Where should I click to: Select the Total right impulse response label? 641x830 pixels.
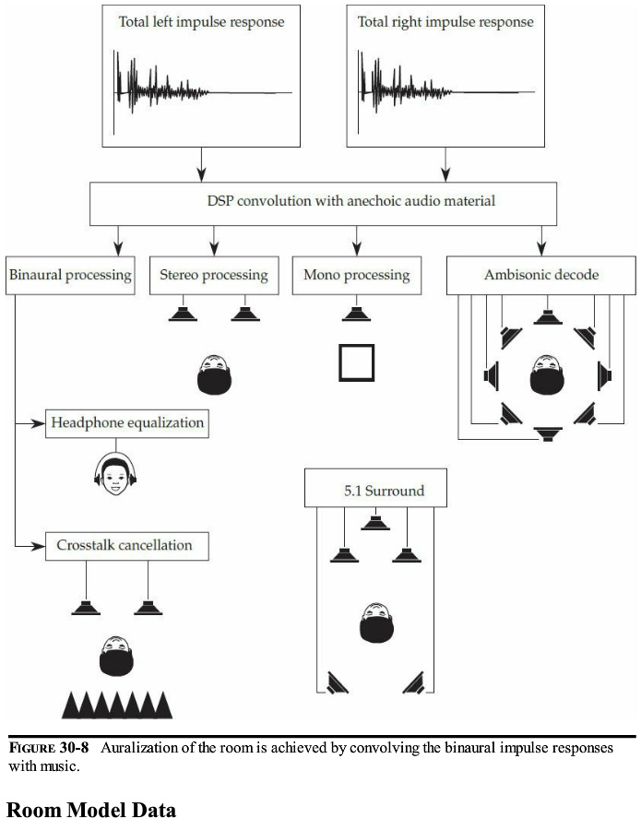(445, 20)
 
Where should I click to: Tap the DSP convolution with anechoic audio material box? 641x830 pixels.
(323, 202)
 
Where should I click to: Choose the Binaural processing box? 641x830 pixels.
(70, 275)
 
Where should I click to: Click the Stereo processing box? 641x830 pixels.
(213, 275)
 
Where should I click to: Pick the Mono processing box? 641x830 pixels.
(356, 275)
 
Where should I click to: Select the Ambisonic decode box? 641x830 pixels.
(541, 275)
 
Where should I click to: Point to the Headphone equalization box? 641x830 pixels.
(127, 423)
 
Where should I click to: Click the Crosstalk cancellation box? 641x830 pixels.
(127, 545)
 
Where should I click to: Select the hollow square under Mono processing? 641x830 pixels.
(356, 362)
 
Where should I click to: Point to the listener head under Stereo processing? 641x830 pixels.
(214, 373)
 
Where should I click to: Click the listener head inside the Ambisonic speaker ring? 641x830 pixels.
(548, 374)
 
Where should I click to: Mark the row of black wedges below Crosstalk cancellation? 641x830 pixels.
(117, 705)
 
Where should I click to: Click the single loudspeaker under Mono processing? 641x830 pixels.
(356, 314)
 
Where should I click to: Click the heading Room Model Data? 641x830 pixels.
(90, 811)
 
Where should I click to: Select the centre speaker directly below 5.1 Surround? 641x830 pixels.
(374, 524)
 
